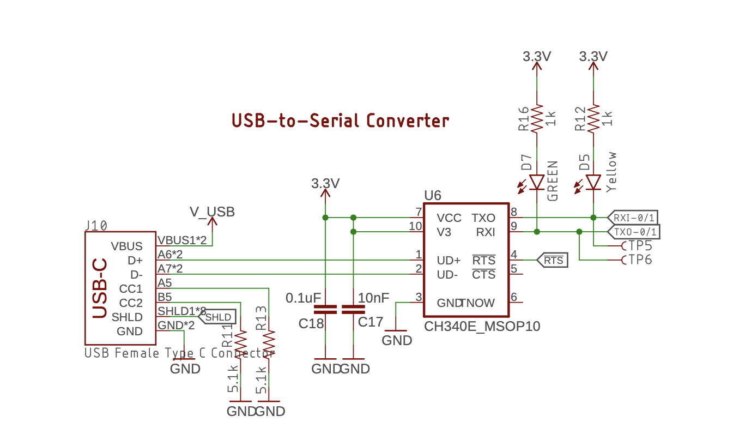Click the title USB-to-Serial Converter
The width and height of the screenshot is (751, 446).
click(341, 120)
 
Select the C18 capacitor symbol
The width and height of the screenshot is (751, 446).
click(326, 310)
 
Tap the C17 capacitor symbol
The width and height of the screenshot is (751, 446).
click(353, 310)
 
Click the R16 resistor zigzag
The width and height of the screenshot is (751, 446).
click(537, 118)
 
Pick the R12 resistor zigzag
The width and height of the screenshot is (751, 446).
click(593, 118)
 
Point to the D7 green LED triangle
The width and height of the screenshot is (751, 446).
click(537, 182)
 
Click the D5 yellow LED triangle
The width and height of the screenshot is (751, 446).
click(593, 182)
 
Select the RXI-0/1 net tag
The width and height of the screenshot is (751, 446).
click(633, 217)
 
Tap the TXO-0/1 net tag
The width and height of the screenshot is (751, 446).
click(633, 232)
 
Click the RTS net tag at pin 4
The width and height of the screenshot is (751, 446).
click(553, 261)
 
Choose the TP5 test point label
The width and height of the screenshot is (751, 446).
click(640, 246)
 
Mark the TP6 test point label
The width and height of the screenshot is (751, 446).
click(640, 260)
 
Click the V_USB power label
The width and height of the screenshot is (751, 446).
click(212, 212)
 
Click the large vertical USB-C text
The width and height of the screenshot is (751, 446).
click(100, 288)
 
